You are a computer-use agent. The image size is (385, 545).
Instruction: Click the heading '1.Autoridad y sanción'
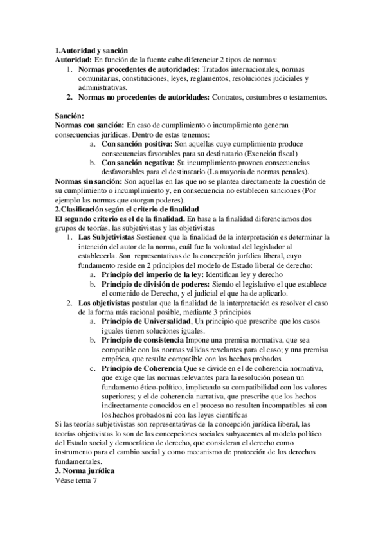(91, 51)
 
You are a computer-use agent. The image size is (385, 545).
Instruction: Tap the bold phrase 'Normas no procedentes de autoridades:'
(143, 97)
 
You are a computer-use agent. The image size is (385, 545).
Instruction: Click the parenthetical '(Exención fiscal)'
(285, 154)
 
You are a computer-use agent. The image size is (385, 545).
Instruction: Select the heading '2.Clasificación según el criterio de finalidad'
(127, 210)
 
